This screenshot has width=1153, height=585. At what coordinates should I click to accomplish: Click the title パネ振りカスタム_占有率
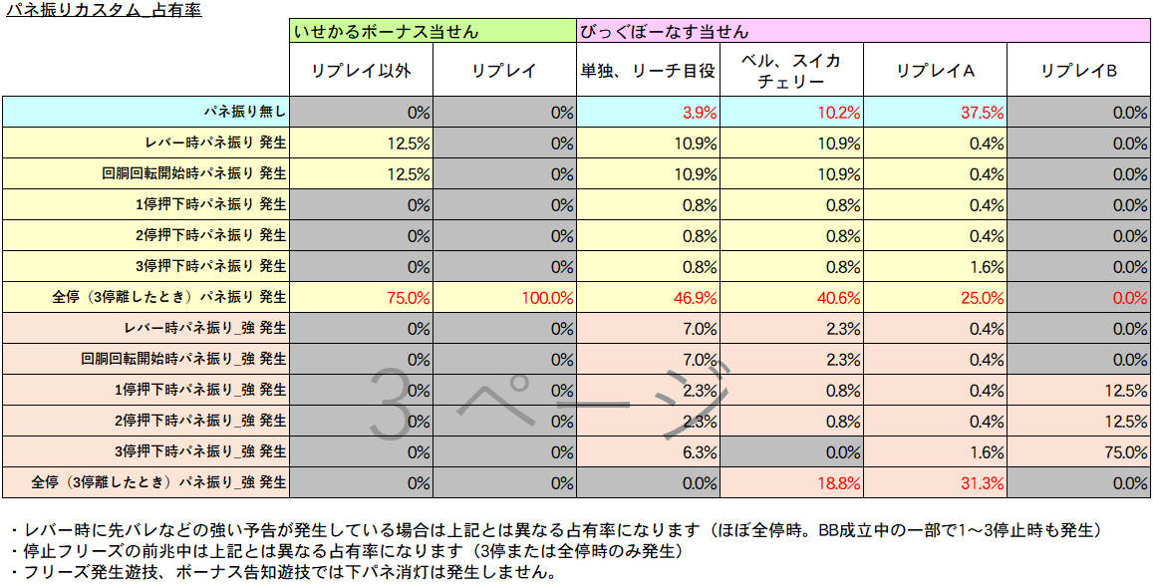104,10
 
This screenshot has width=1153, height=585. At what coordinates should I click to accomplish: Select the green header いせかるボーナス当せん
386,32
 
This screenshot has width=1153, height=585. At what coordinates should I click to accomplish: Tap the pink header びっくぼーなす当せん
664,32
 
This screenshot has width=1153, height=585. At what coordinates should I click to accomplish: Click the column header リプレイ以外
361,71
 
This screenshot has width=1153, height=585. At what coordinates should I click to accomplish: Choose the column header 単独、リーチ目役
648,71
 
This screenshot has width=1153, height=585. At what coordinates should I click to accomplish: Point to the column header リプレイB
1078,71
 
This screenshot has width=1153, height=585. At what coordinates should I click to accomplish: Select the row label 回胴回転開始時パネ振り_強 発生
183,359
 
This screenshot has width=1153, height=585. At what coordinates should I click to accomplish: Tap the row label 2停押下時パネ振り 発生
210,236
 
